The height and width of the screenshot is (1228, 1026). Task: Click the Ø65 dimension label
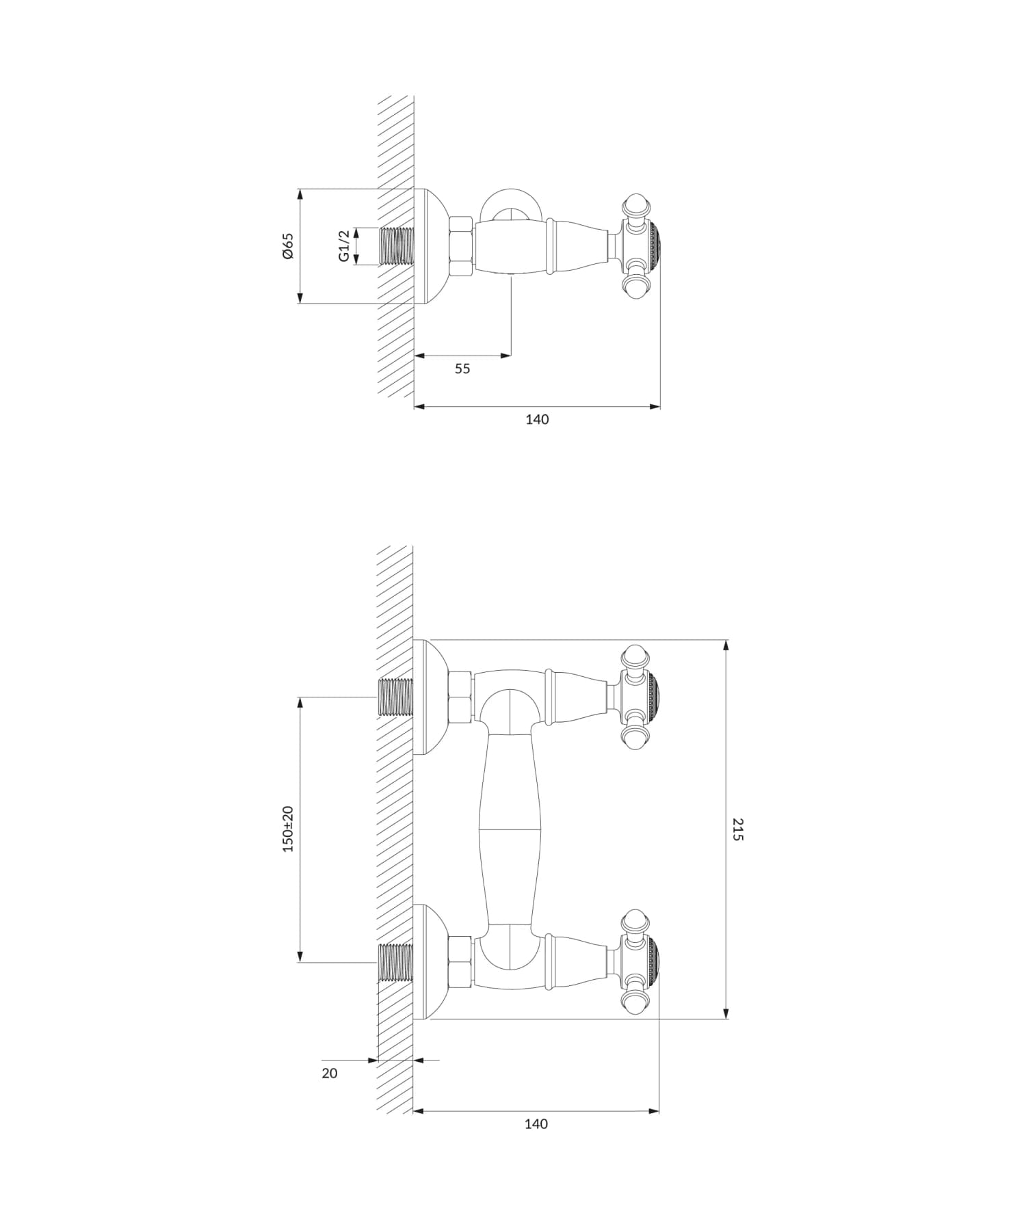287,245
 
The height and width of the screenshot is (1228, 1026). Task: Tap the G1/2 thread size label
344,245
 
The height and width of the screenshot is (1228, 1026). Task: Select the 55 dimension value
462,369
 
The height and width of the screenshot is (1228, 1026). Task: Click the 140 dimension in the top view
537,420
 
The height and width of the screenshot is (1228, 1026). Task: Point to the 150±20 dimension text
287,829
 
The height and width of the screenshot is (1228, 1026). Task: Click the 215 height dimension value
737,829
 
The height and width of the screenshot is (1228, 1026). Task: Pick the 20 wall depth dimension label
330,1073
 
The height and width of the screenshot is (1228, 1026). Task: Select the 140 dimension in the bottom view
536,1124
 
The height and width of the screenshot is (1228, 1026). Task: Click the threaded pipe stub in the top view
396,245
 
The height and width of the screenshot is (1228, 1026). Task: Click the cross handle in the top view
640,248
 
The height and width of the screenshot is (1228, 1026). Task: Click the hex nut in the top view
461,247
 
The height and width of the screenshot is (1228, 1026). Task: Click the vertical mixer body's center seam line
510,829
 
